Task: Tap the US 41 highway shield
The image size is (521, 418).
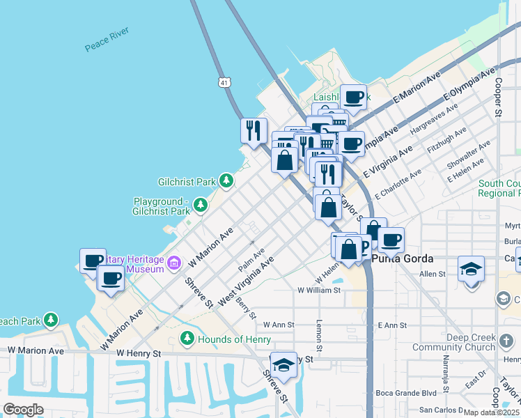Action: [x=222, y=82]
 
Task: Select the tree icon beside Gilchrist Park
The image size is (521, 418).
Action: [x=226, y=181]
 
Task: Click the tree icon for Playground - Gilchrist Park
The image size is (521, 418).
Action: [x=201, y=206]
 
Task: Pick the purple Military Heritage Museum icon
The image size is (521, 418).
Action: [x=174, y=263]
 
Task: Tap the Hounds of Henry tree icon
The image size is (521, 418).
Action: [x=187, y=339]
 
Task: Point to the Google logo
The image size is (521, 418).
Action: [x=23, y=410]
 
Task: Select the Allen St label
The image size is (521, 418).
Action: [x=432, y=274]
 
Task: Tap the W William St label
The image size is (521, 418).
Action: [x=319, y=290]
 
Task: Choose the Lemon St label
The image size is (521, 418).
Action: [x=320, y=336]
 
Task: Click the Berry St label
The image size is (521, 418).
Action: [x=247, y=307]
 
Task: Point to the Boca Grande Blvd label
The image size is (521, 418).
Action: [x=405, y=392]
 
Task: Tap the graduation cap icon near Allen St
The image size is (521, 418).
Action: [x=471, y=268]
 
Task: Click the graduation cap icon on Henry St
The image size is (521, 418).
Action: [x=283, y=363]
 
